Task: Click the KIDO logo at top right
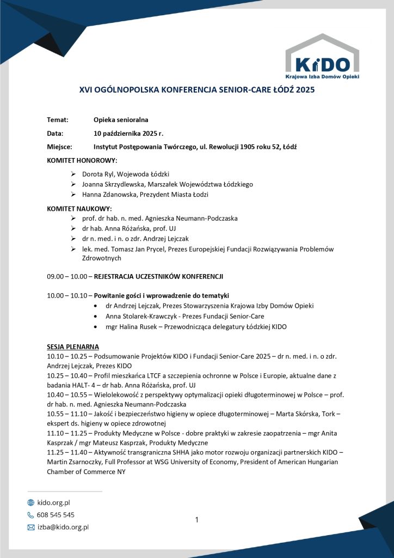322,57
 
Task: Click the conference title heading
197,90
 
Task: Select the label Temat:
57,120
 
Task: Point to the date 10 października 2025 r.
128,134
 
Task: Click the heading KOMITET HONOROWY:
82,160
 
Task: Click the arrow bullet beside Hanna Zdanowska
73,195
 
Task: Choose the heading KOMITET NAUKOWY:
79,208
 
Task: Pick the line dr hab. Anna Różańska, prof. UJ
129,228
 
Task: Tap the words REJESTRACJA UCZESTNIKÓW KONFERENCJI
158,276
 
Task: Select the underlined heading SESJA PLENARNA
73,347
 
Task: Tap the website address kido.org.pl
53,502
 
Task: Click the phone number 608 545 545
56,514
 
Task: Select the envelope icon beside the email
31,527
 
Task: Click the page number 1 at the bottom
197,520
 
